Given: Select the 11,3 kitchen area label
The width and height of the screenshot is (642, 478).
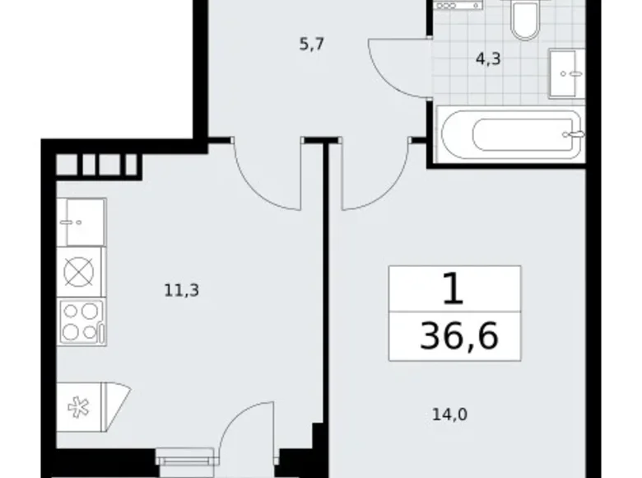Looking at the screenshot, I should (182, 289).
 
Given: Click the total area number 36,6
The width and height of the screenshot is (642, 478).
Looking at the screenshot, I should (458, 337).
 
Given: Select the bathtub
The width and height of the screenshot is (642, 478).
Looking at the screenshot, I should (511, 134).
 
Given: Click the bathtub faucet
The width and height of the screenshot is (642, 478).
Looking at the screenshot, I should (574, 133).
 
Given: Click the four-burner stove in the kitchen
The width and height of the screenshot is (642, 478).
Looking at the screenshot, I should (81, 322).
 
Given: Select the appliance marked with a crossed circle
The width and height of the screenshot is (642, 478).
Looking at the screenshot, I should (81, 272).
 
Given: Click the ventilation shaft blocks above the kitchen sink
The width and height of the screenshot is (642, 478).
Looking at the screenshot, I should (97, 165).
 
